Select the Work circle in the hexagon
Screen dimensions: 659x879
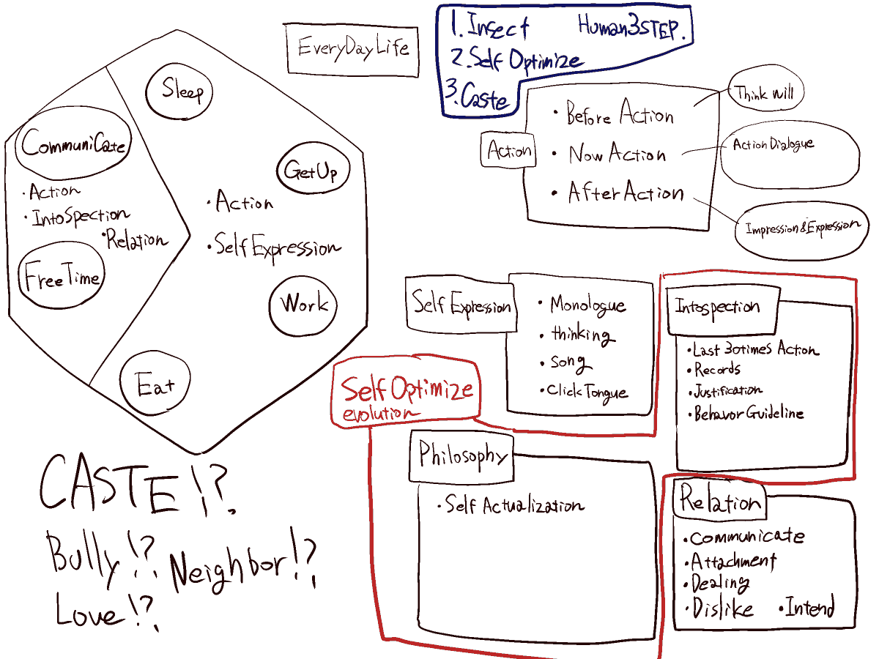pos(303,304)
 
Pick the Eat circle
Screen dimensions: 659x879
pos(155,384)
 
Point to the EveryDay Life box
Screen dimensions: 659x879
pos(352,49)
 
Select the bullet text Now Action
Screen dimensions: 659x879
pos(617,154)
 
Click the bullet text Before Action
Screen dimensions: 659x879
pos(620,114)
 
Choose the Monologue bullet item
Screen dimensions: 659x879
pos(587,305)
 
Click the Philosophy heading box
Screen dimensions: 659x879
pos(462,455)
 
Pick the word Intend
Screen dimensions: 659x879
pos(809,608)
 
